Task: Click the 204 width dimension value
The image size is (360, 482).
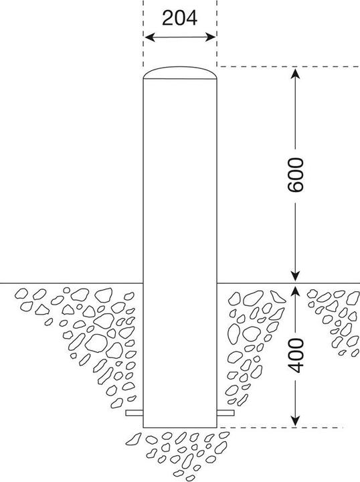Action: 180,18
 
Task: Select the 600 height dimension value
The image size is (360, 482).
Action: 295,175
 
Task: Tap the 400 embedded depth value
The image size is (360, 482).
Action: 295,355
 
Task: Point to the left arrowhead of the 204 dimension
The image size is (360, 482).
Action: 149,37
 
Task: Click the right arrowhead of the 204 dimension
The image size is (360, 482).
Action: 211,37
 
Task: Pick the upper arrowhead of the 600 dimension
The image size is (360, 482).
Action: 295,74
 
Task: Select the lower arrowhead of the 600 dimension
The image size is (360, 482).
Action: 295,276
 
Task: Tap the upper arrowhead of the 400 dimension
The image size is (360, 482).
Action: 295,290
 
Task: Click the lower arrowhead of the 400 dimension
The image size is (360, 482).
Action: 295,421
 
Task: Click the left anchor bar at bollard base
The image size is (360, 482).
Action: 134,413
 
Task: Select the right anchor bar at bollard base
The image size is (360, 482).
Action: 226,413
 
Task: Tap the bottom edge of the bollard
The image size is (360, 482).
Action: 180,427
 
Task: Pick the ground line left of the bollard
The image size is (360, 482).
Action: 72,283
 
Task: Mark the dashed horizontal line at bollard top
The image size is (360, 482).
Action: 288,66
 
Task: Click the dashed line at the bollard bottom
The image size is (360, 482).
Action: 280,427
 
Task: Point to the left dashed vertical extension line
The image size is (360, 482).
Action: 143,33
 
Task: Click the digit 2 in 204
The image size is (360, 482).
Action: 168,18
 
